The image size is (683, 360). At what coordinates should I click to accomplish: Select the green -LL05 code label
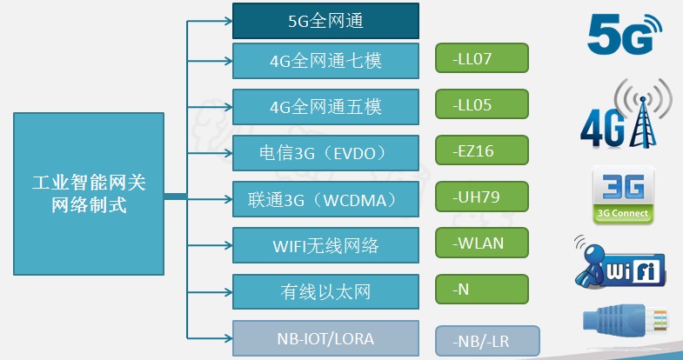click(482, 104)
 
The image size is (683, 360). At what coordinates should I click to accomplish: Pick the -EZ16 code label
click(482, 150)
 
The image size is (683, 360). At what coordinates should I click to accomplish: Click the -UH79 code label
click(482, 197)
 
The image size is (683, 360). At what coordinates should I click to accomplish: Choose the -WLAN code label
click(482, 243)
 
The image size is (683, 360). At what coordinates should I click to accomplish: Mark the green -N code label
click(482, 290)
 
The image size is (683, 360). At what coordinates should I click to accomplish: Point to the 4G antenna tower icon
click(626, 113)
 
